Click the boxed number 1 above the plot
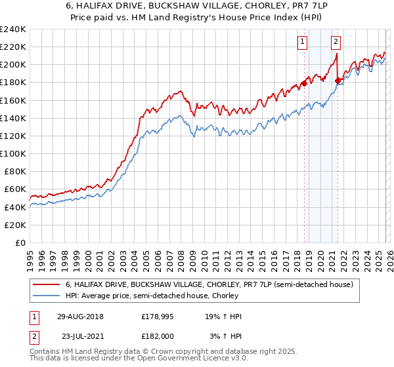pos(302,42)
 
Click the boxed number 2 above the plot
pos(336,42)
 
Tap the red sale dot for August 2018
pos(305,83)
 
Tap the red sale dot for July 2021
pos(338,81)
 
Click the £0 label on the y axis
pos(20,242)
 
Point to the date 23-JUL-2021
pos(79,336)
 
